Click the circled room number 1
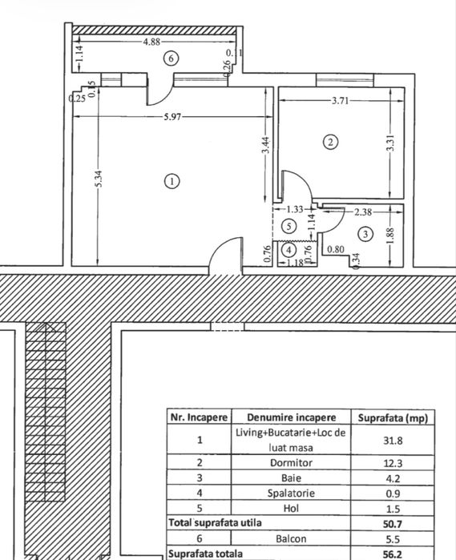(x=172, y=180)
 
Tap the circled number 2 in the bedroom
(x=329, y=143)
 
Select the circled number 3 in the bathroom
(x=365, y=234)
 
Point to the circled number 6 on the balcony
(x=169, y=58)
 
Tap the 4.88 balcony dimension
(x=151, y=42)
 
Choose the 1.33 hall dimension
(x=295, y=208)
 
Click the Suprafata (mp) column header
(x=397, y=417)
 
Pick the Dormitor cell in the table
(x=291, y=463)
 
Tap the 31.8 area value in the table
(x=397, y=439)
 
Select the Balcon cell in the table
(x=291, y=539)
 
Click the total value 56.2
(x=397, y=554)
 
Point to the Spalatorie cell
(x=291, y=494)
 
